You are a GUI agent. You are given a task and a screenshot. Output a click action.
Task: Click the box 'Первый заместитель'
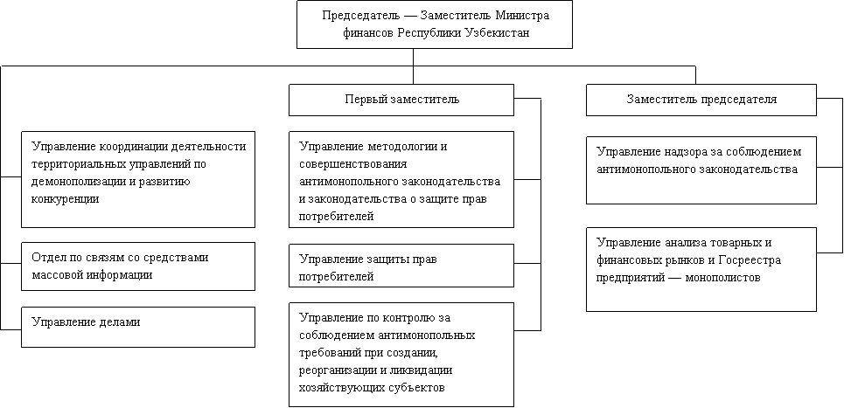coord(401,100)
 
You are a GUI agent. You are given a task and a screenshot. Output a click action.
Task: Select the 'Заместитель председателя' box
coord(701,100)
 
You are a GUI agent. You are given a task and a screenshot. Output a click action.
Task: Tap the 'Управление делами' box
coord(138,327)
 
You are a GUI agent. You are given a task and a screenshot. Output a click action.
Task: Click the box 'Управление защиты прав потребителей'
coord(401,266)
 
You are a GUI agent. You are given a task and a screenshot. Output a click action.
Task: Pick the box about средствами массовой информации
coord(138,266)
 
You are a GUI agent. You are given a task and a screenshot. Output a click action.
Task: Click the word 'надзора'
coord(685,152)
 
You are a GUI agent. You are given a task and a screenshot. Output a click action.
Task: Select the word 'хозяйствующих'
coord(341,388)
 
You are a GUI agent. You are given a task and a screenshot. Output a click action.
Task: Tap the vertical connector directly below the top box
coord(414,66)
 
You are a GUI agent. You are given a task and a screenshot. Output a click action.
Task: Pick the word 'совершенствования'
coord(353,164)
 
